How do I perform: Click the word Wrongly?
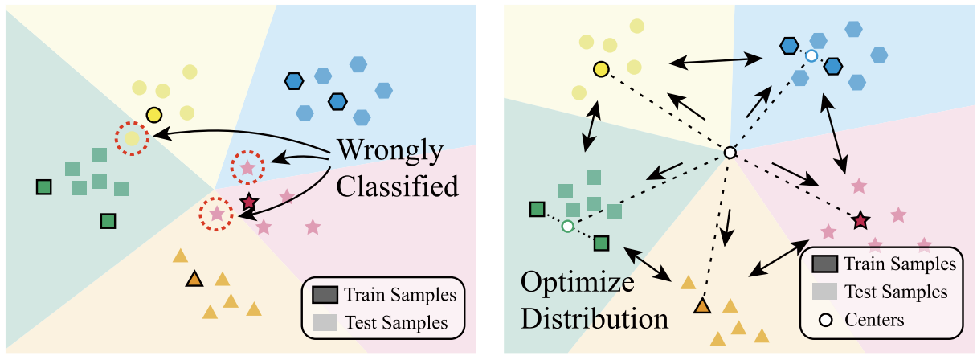click(x=390, y=150)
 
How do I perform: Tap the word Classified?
click(x=397, y=186)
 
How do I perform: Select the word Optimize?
click(x=576, y=283)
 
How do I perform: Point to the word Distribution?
click(x=595, y=317)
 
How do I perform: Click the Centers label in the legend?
click(x=874, y=320)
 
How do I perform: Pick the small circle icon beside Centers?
click(x=824, y=320)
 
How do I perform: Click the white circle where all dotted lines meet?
click(x=730, y=152)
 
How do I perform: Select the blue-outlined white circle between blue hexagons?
click(x=811, y=55)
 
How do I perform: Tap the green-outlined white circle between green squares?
click(x=567, y=227)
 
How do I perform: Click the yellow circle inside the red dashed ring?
click(x=133, y=139)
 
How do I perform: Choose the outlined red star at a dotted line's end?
click(x=860, y=219)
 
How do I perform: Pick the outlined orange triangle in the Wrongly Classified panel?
click(x=193, y=280)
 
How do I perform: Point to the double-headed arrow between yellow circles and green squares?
click(x=591, y=124)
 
